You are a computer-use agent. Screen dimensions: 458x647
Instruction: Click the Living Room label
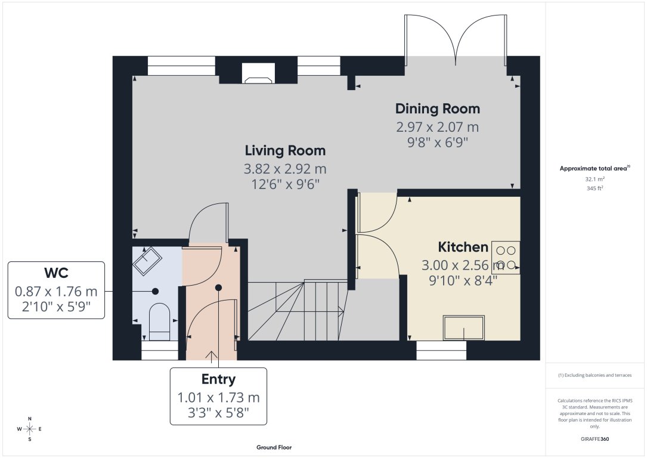[286, 150]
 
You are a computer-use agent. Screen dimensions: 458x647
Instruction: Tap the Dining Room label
[438, 109]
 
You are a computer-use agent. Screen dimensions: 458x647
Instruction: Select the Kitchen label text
[463, 247]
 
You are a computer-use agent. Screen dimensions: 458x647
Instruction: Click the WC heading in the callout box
[56, 274]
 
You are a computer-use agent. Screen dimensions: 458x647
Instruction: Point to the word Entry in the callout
[218, 379]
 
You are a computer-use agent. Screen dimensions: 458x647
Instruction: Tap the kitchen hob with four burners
[506, 258]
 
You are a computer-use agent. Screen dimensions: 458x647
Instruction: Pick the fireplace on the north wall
[258, 73]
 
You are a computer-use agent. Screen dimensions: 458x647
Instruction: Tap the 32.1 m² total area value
[594, 178]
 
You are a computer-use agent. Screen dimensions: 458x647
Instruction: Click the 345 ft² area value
[594, 188]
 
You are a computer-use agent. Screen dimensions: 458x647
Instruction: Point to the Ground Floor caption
[274, 447]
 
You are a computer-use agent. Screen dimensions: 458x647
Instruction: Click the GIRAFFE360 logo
[595, 439]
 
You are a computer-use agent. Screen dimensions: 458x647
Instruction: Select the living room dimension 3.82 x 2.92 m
[286, 169]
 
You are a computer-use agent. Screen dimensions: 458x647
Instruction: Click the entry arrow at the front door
[212, 356]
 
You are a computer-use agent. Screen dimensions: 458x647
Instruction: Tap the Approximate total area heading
[594, 169]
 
